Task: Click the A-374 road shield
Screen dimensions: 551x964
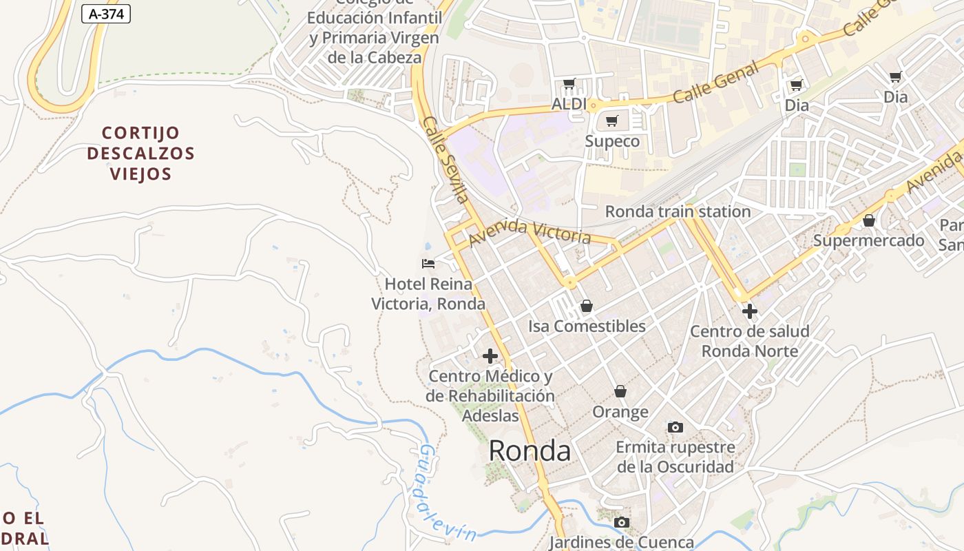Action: coord(106,13)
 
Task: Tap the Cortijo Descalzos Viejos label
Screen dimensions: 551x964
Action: coord(140,153)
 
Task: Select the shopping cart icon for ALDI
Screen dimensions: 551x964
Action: coord(569,84)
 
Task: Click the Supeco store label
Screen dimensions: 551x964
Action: coord(612,141)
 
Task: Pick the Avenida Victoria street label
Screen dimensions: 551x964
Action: coord(530,232)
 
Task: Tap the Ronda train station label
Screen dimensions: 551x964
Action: coord(678,211)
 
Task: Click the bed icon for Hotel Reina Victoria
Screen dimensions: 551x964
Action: coord(428,263)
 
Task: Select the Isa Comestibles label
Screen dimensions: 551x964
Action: coord(587,326)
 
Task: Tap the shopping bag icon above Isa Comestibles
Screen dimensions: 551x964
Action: coord(587,306)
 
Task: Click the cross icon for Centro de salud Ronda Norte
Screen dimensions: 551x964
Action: coord(750,311)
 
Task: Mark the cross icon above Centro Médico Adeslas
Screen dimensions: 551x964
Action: coord(490,356)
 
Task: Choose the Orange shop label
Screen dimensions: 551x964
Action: coord(620,412)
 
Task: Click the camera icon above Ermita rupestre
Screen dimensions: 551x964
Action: coord(675,427)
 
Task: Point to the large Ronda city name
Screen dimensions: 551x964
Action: coord(530,451)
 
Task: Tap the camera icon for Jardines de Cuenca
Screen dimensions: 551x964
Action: coord(622,522)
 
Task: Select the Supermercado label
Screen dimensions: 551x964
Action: coord(868,240)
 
